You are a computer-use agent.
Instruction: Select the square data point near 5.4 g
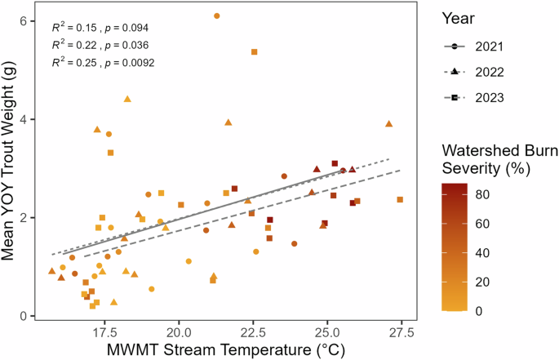click(255, 51)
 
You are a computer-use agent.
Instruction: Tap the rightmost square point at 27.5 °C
click(400, 200)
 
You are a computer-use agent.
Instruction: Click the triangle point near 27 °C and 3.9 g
click(389, 124)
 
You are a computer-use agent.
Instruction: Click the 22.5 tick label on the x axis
click(253, 333)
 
